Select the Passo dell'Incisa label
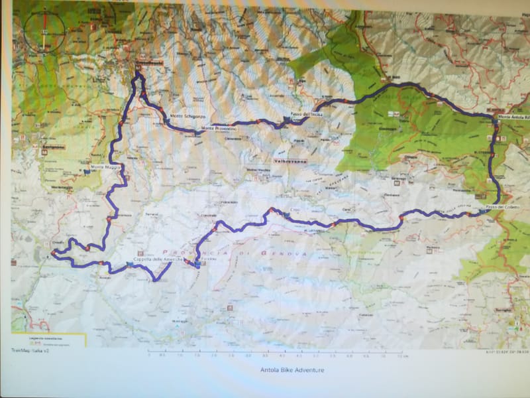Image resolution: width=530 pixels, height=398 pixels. coord(305,115)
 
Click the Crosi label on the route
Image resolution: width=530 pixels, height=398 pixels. coord(295,210)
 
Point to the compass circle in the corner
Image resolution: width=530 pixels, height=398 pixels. coord(45,30)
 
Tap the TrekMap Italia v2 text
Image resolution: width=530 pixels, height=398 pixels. coord(30,350)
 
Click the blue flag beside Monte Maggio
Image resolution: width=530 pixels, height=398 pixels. coord(87,172)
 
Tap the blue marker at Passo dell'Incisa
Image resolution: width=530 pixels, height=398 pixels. coord(286,120)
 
